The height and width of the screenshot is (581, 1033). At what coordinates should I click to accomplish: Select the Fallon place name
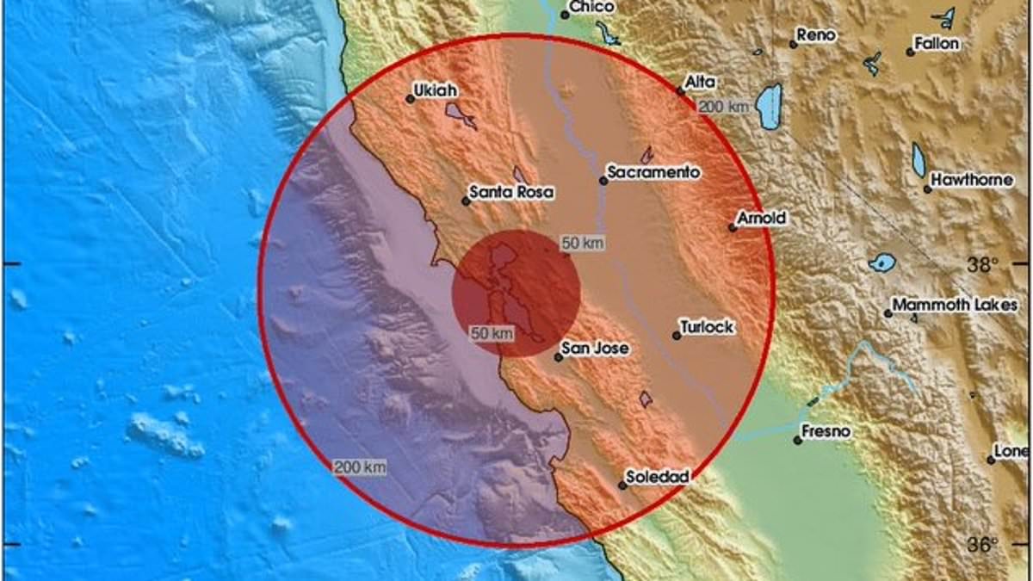[937, 44]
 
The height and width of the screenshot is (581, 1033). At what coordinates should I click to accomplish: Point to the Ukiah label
[435, 90]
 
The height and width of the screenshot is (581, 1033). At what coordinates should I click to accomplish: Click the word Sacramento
[653, 172]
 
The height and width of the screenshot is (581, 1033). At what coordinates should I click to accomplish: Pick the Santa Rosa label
[510, 193]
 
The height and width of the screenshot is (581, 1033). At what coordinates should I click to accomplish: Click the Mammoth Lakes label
[955, 305]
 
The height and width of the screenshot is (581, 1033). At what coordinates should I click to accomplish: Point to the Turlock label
[707, 327]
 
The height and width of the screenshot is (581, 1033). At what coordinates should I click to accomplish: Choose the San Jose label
[595, 349]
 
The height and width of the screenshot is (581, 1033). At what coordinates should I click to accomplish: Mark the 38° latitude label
[981, 264]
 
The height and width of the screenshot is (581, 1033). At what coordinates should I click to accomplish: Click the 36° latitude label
[981, 544]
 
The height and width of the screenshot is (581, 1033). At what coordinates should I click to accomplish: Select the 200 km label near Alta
[723, 107]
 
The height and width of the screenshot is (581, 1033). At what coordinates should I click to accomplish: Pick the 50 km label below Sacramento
[582, 244]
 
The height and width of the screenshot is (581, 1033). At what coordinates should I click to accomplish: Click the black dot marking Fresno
[798, 440]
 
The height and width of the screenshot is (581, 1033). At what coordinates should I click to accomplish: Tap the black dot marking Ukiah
[410, 99]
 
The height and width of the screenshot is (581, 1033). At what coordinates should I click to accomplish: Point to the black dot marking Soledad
[622, 485]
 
